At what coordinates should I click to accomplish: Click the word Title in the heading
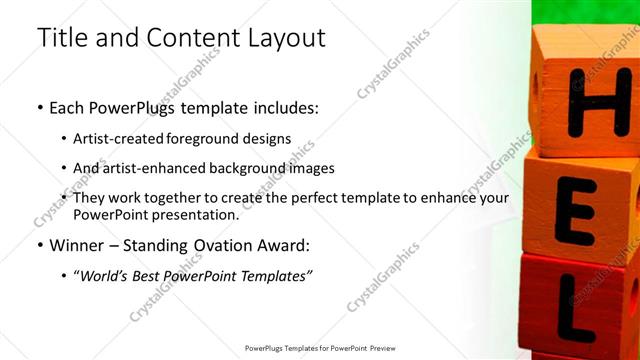[x=62, y=38]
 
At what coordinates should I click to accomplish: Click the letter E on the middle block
[x=578, y=211]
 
